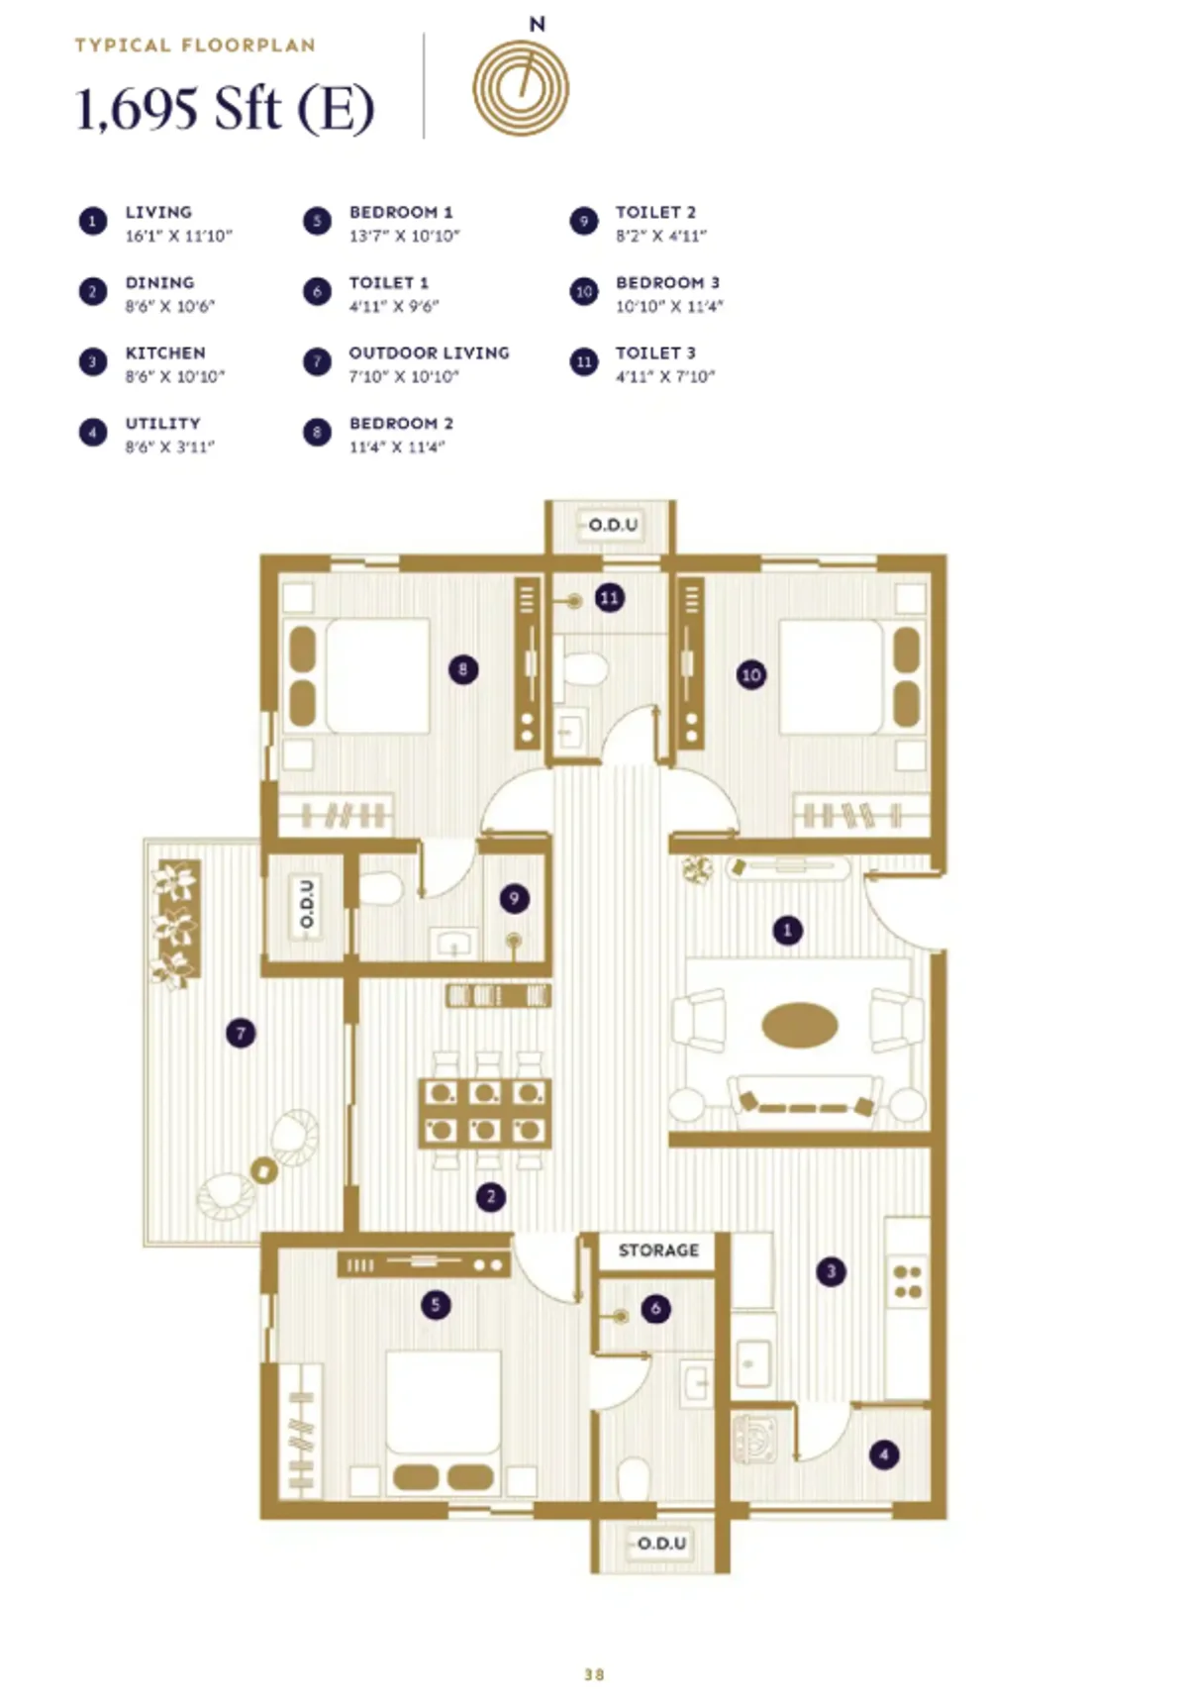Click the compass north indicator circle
[521, 88]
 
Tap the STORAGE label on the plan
[658, 1251]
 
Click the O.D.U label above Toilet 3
[613, 525]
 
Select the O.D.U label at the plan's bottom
[661, 1544]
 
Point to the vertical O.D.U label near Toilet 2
[307, 903]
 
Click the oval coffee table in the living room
[800, 1026]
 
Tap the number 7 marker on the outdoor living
[241, 1034]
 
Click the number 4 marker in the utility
[884, 1454]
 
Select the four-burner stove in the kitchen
[908, 1282]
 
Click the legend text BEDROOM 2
[401, 424]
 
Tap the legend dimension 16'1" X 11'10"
[178, 237]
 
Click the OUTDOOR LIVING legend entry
[429, 353]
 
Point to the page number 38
[594, 1675]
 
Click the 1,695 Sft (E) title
[226, 109]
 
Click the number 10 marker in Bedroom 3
[751, 675]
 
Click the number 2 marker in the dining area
[491, 1197]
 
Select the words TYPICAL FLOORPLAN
[195, 46]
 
